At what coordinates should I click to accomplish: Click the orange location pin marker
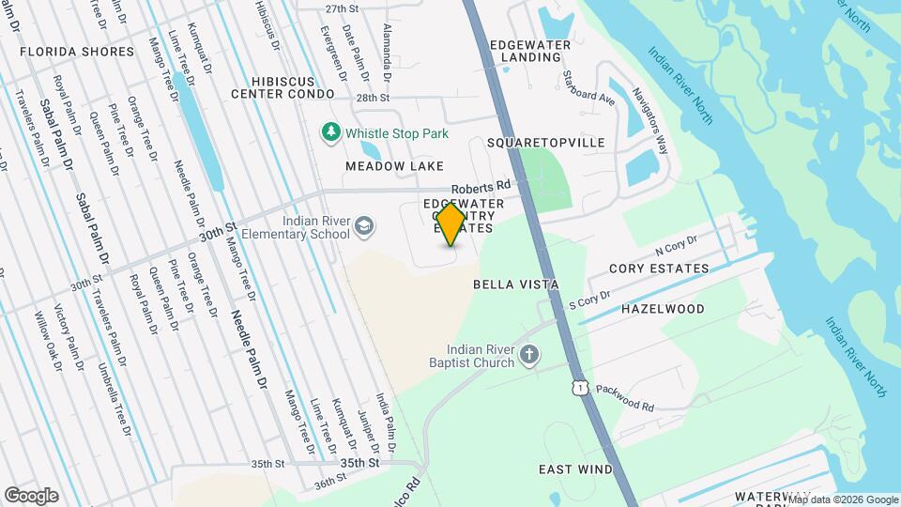click(x=451, y=224)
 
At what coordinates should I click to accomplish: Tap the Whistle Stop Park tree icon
click(x=330, y=133)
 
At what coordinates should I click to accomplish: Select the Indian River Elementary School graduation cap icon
click(x=363, y=226)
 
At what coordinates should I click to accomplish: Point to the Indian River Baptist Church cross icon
click(x=529, y=356)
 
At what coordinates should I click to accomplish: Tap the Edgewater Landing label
click(x=530, y=51)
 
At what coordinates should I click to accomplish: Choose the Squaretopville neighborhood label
click(x=546, y=143)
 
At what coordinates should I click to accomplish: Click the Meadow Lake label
click(x=394, y=166)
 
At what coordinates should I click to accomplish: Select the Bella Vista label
click(x=515, y=284)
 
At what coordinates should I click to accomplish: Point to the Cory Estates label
click(x=659, y=269)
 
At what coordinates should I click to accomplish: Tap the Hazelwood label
click(x=663, y=308)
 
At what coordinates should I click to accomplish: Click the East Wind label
click(x=575, y=469)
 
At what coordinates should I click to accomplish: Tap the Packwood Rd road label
click(x=624, y=397)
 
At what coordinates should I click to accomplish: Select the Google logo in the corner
click(x=31, y=496)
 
